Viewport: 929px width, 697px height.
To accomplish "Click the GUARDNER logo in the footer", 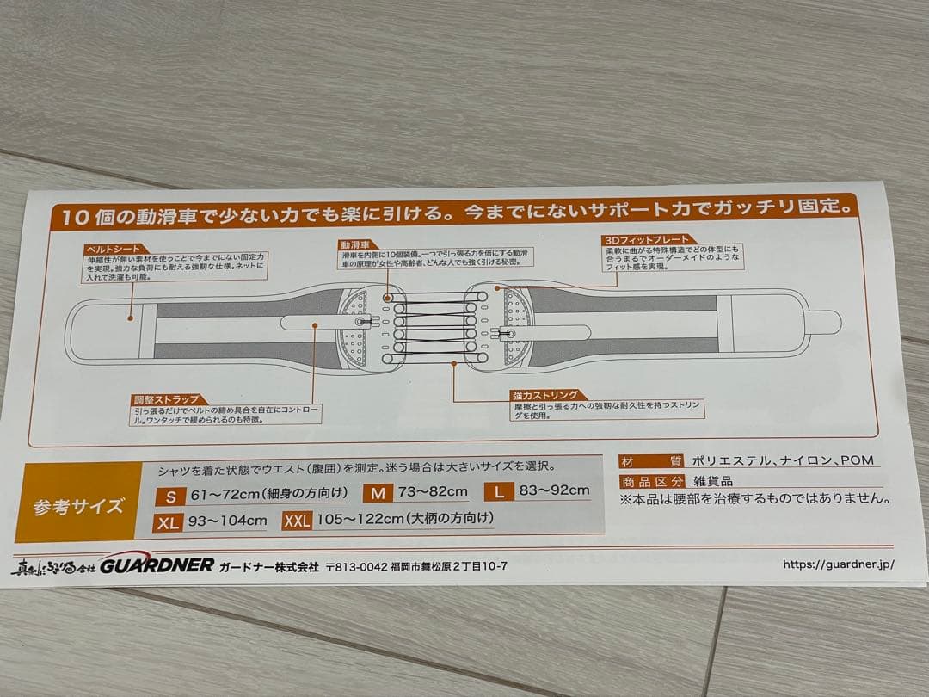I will (157, 565).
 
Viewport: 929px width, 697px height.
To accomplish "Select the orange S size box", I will (171, 496).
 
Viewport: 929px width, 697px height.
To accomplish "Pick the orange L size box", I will (498, 492).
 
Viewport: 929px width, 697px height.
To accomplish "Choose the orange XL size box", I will (168, 521).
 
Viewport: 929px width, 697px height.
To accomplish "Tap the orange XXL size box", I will (297, 521).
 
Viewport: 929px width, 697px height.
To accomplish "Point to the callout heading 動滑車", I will (354, 244).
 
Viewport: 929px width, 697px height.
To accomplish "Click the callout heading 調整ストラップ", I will (167, 399).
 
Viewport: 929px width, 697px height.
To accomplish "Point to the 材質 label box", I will (651, 461).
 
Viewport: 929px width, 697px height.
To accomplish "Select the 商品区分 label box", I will (651, 482).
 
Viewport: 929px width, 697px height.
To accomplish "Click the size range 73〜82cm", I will (433, 492).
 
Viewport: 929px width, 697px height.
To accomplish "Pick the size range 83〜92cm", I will (554, 491).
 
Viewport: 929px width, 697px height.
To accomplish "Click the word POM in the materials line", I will (856, 460).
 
